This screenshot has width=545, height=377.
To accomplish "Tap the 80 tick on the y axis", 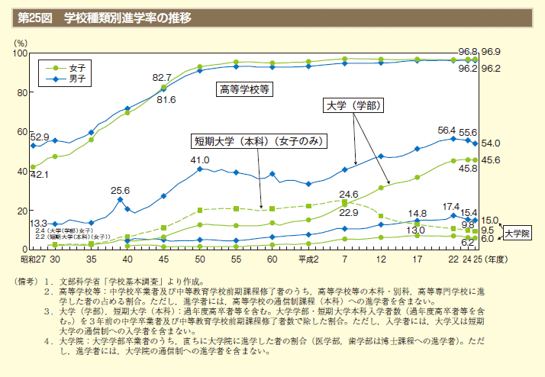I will pyautogui.click(x=21, y=93).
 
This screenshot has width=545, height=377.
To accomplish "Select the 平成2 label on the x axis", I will pyautogui.click(x=307, y=260).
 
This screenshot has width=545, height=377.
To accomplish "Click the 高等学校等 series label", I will pyautogui.click(x=246, y=89).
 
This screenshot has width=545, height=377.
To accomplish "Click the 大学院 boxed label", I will pyautogui.click(x=517, y=231).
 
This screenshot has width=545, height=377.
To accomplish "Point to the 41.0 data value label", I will pyautogui.click(x=200, y=160).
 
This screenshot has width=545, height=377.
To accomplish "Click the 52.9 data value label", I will pyautogui.click(x=40, y=137).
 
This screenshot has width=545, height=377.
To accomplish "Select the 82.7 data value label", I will pyautogui.click(x=162, y=78).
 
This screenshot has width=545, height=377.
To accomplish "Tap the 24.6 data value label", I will pyautogui.click(x=350, y=195).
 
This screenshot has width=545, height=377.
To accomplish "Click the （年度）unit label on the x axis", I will pyautogui.click(x=496, y=260).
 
